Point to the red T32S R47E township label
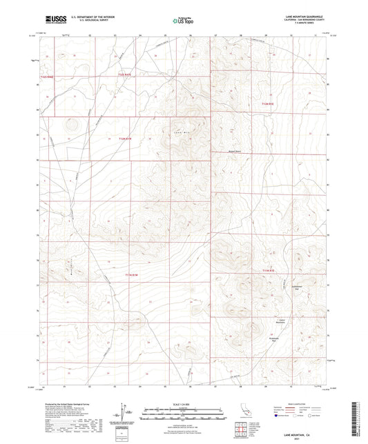[125, 74]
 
